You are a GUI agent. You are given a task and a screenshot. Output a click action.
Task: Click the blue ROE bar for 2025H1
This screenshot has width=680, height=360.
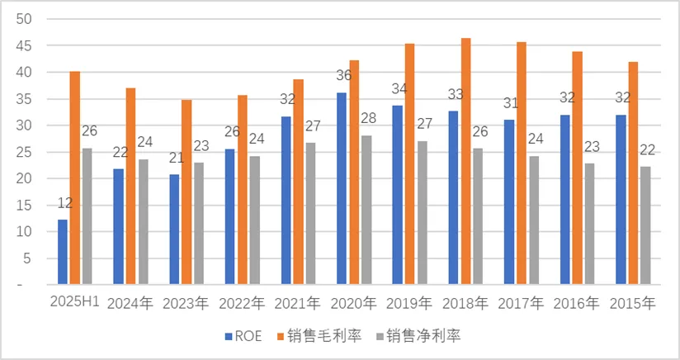[63, 252]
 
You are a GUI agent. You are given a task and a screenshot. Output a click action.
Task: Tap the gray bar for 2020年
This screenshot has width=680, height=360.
[366, 210]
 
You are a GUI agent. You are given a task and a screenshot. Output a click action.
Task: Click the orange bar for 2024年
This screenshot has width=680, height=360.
[130, 186]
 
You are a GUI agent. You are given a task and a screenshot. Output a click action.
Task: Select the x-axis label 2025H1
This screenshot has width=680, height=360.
[73, 303]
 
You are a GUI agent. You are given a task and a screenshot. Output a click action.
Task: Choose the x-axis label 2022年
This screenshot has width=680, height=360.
[241, 303]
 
